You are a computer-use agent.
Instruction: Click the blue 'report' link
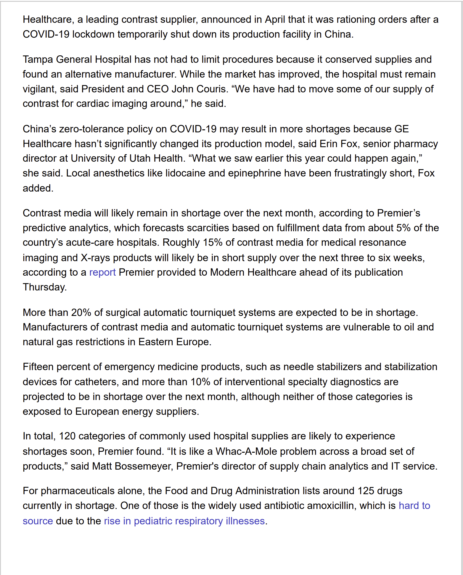(102, 272)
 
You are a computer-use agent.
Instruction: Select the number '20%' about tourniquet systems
(81, 312)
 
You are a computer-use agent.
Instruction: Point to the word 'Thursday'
(44, 287)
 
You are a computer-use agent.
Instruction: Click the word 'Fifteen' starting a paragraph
(38, 367)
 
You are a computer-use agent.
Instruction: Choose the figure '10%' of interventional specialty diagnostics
(200, 382)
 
